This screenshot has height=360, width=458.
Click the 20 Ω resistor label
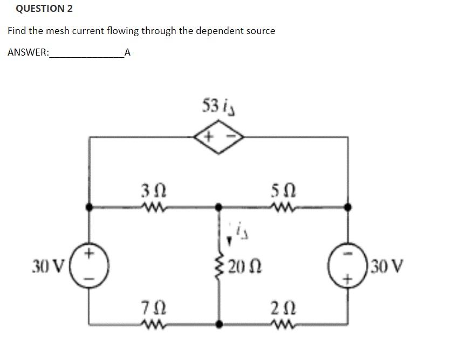241,266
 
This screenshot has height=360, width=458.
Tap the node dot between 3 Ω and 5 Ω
218,207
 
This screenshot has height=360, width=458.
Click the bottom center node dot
218,324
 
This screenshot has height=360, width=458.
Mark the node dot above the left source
90,207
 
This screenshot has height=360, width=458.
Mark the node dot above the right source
348,207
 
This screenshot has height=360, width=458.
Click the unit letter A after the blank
127,53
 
